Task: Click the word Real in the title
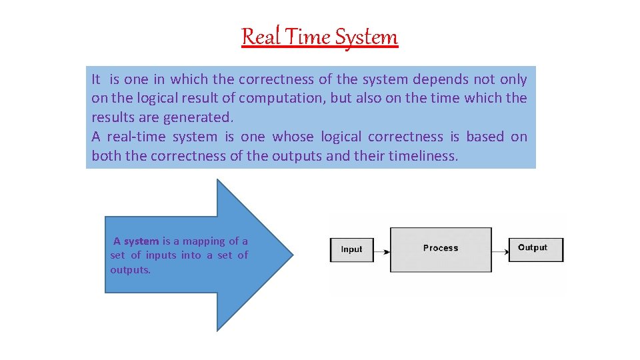(x=259, y=36)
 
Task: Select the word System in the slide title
(x=366, y=36)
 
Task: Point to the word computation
(x=280, y=98)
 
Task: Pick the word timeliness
(x=423, y=156)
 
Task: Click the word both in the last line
(x=105, y=156)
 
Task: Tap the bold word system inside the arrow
(x=141, y=241)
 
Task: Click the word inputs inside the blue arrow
(x=161, y=255)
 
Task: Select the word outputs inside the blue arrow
(x=130, y=270)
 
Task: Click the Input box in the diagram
(x=351, y=249)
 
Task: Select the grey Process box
(x=441, y=249)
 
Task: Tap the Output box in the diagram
(x=536, y=249)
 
